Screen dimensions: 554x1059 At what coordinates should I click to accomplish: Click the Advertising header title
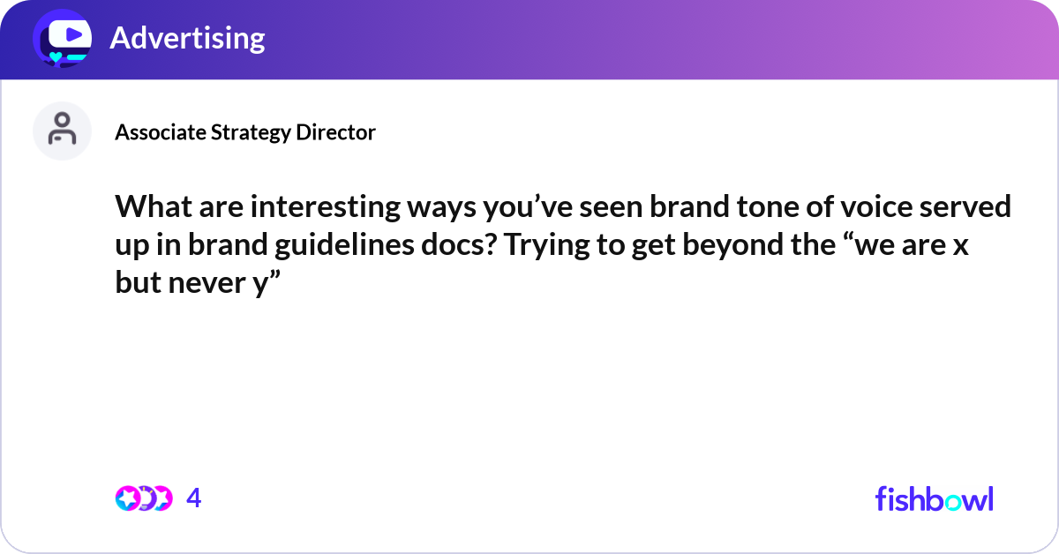tap(187, 38)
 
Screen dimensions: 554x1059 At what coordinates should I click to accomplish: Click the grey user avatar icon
tap(62, 131)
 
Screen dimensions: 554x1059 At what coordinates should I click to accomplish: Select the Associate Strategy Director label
tap(245, 132)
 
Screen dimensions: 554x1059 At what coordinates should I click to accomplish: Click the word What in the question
tap(148, 209)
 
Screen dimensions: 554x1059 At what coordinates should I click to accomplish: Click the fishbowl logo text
tap(934, 498)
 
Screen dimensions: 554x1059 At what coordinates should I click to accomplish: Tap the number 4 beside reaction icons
tap(194, 499)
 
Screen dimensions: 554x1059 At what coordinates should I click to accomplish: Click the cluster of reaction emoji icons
tap(143, 498)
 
